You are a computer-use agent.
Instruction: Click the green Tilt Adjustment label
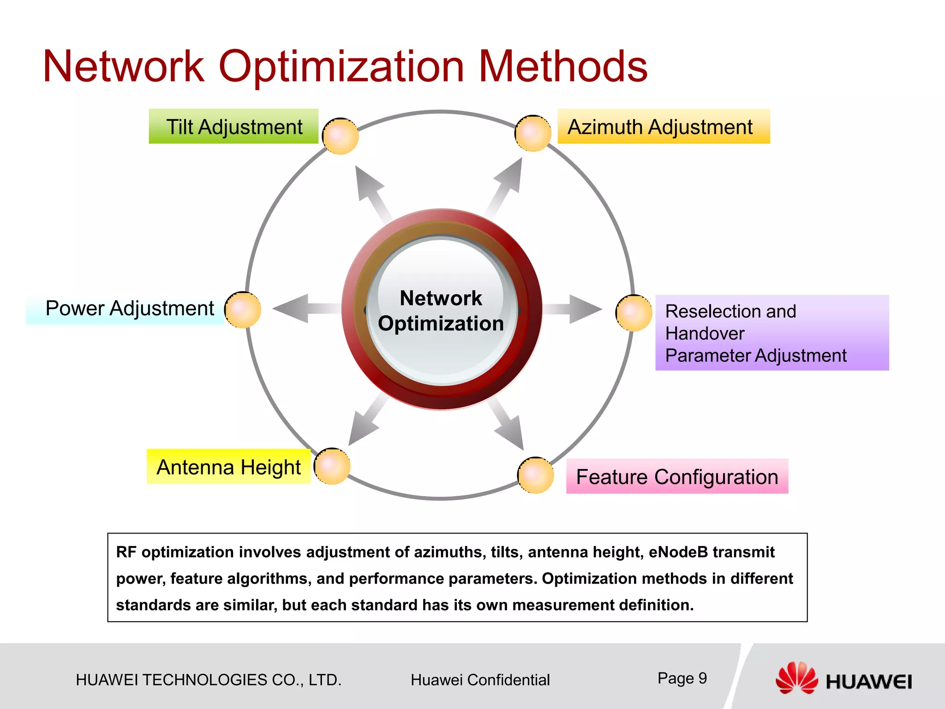[233, 126]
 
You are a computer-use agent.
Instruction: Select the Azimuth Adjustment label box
[663, 126]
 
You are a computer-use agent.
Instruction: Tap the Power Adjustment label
[129, 308]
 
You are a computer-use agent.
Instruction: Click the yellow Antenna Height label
[228, 467]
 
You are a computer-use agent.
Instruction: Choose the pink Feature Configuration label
[676, 476]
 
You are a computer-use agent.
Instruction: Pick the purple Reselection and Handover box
[772, 333]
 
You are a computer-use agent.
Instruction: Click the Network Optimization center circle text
[441, 311]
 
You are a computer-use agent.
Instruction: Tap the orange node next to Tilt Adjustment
[341, 136]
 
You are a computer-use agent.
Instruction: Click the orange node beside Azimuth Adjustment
[533, 133]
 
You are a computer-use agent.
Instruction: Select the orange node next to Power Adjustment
[243, 310]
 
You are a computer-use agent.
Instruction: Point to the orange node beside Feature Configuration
[536, 475]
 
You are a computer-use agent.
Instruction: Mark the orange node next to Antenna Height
[332, 466]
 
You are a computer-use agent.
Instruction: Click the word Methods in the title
[563, 67]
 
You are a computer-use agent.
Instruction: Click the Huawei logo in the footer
[843, 679]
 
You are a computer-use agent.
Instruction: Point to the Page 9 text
[682, 678]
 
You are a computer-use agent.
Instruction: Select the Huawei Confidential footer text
[480, 680]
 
